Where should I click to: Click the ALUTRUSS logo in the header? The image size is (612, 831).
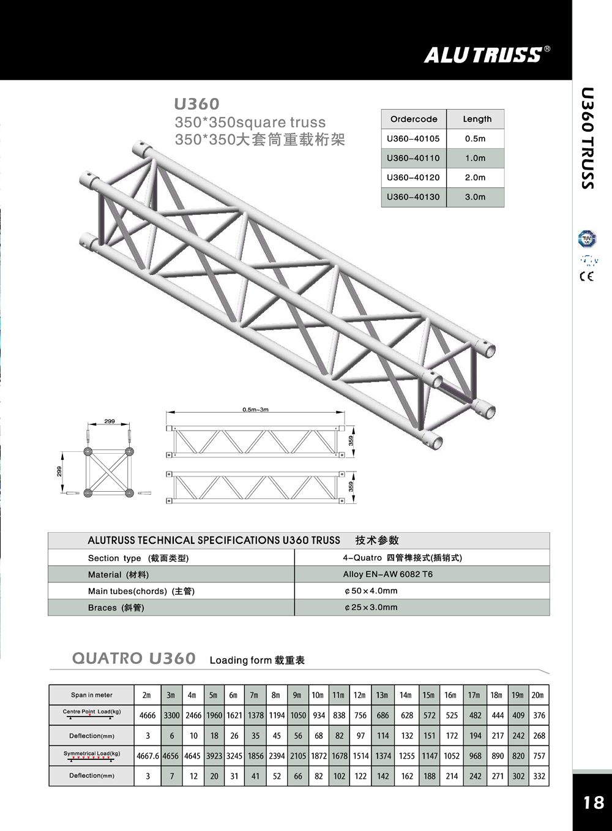tap(483, 55)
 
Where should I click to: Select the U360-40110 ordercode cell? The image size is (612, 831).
tap(413, 158)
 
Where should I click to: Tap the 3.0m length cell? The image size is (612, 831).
tap(475, 197)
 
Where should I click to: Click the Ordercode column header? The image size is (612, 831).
tap(414, 119)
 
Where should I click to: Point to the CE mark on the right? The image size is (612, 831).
tap(586, 276)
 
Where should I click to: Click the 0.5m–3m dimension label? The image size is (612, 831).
tap(255, 410)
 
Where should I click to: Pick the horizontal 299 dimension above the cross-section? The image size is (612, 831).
tap(109, 421)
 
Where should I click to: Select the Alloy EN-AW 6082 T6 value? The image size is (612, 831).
tap(387, 574)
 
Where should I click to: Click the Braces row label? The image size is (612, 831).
tap(116, 607)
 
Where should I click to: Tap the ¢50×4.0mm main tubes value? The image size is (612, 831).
tap(371, 591)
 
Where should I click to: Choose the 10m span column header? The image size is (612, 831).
tap(318, 695)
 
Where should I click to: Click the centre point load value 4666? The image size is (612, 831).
tap(147, 715)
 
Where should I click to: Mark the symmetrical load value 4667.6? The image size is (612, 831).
tap(147, 756)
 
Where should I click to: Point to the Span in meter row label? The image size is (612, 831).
tap(92, 695)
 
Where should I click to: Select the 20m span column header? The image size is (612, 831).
tap(537, 695)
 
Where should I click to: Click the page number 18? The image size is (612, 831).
tap(593, 803)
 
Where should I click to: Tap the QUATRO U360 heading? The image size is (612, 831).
tap(134, 659)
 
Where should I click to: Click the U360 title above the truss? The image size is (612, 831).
tap(196, 104)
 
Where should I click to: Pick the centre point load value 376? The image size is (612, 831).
tap(539, 715)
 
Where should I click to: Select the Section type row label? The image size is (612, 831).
tap(138, 558)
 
